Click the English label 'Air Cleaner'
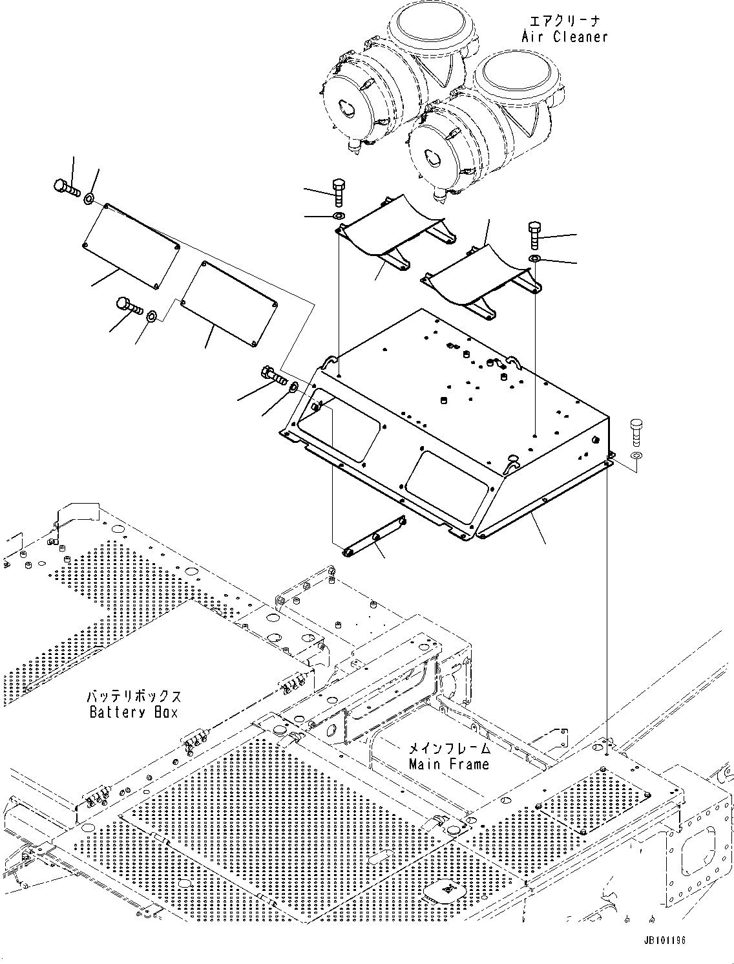click(565, 37)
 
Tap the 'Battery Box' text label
click(133, 712)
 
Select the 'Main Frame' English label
click(449, 764)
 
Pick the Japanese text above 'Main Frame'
click(449, 749)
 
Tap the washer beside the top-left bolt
click(89, 197)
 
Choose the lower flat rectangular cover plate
click(230, 303)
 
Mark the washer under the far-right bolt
click(636, 456)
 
